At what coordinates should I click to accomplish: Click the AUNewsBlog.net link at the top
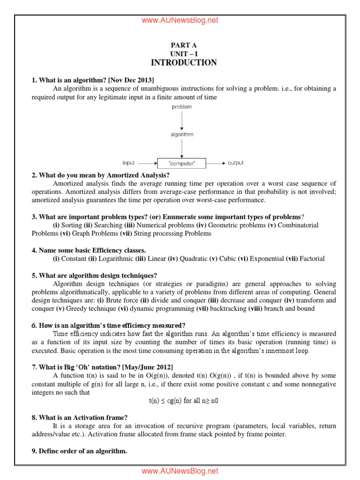click(x=180, y=20)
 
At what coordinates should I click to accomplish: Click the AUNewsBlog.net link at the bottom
click(x=180, y=471)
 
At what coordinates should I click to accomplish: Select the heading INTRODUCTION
click(x=184, y=63)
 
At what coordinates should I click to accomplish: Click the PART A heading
click(x=184, y=45)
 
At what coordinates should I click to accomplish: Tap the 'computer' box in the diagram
click(x=181, y=163)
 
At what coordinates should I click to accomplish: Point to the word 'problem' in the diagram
click(x=181, y=107)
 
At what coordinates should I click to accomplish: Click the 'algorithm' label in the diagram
click(x=181, y=135)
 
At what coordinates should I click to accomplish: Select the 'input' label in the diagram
click(x=128, y=163)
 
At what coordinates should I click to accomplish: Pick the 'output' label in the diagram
click(x=235, y=163)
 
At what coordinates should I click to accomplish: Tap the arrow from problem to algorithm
click(x=181, y=120)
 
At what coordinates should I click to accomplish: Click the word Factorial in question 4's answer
click(x=312, y=258)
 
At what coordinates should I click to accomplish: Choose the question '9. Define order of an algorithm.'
click(x=79, y=451)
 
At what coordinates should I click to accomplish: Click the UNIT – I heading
click(x=184, y=54)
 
